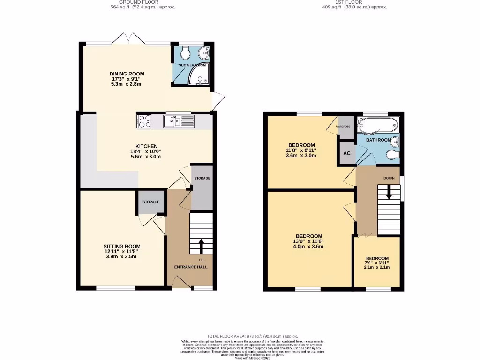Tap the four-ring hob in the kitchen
(x=144, y=121)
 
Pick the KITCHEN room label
(x=146, y=146)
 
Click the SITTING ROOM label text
(x=122, y=246)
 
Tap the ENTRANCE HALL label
(x=191, y=267)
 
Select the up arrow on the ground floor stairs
(x=202, y=246)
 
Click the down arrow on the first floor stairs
(x=388, y=191)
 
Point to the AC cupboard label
(x=347, y=154)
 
